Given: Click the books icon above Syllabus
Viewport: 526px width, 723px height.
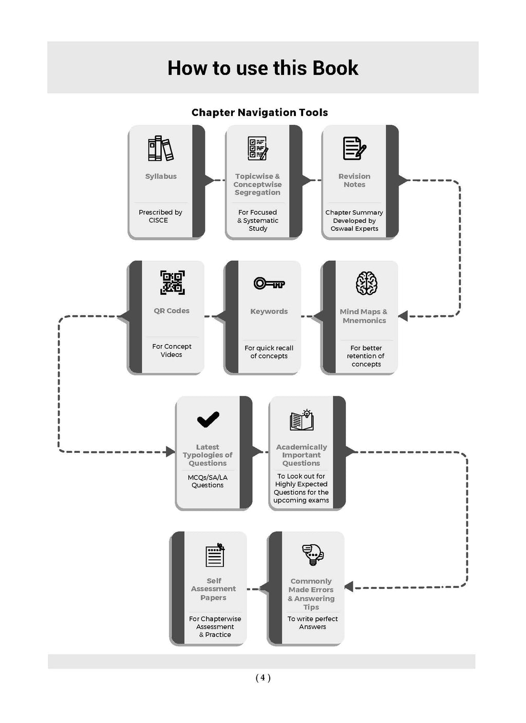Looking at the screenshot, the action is [161, 148].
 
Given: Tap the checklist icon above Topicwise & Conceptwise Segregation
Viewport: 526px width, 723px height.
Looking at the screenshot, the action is [258, 148].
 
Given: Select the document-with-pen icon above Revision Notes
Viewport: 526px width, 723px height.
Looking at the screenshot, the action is [354, 148].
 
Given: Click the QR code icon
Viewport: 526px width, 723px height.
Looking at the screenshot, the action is [173, 282].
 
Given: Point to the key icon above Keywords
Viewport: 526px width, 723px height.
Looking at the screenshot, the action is [269, 283].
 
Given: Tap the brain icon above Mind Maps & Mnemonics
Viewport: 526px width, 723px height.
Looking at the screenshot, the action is [366, 283].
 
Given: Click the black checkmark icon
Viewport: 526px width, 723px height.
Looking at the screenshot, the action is [208, 420].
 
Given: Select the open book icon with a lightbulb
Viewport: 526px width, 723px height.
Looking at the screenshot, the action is [302, 420].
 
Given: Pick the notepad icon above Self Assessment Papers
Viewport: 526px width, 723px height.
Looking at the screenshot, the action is [215, 555].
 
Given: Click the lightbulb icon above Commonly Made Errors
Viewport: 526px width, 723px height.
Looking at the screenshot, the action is [312, 555].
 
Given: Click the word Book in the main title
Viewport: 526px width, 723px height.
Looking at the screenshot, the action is [335, 68].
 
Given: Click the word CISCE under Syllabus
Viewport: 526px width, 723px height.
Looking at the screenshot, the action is [158, 220].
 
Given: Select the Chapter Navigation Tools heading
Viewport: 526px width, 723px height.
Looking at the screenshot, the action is [259, 112].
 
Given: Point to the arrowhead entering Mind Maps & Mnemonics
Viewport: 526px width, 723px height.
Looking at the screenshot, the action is [403, 316].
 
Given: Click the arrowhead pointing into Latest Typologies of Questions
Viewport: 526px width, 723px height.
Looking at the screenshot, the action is [171, 451].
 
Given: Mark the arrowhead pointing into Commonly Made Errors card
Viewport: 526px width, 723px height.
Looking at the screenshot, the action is [349, 586].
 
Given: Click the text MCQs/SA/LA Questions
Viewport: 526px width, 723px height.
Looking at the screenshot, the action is [208, 481].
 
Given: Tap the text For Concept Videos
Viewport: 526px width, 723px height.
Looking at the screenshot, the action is [172, 350].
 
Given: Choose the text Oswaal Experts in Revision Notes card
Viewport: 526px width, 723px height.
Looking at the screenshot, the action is [354, 229].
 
